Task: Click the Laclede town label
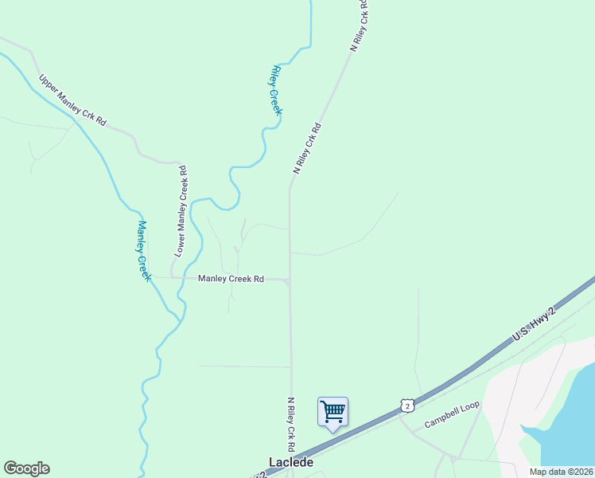[x=290, y=462]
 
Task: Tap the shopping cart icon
[x=332, y=412]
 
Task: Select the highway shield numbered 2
[x=407, y=406]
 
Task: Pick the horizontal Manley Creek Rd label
[x=231, y=279]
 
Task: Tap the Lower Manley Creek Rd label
[x=181, y=210]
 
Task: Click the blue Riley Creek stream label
[x=277, y=90]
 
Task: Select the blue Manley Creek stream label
[x=143, y=249]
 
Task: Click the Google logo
[x=26, y=468]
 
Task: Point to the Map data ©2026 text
[x=560, y=472]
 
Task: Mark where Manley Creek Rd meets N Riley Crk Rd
[x=290, y=280]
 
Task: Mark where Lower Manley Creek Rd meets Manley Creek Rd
[x=172, y=278]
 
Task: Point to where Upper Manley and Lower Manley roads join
[x=177, y=162]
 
